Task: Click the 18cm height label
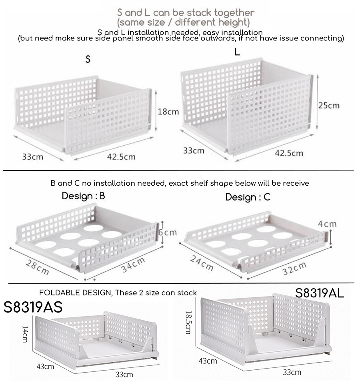(168, 112)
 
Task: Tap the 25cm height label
(328, 105)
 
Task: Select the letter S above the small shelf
(88, 60)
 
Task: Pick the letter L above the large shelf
(237, 52)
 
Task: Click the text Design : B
(83, 196)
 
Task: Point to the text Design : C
(248, 197)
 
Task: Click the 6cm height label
(168, 233)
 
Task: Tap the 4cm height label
(327, 224)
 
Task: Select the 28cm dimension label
(38, 267)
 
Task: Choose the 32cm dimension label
(294, 268)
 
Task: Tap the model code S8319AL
(320, 293)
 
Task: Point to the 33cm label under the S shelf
(32, 156)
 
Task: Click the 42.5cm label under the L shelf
(289, 153)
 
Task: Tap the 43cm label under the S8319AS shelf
(45, 366)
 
